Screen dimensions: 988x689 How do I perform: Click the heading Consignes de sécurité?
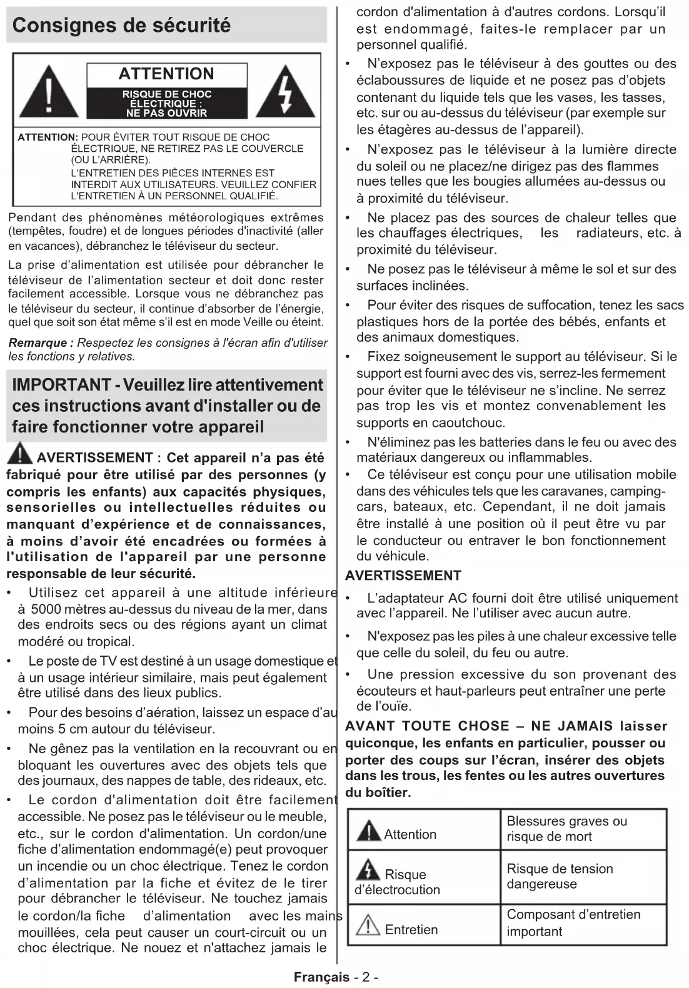[x=121, y=25]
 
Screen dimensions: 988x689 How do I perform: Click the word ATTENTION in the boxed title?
[x=166, y=74]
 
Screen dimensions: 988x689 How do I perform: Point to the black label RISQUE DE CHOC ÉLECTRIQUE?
[x=166, y=103]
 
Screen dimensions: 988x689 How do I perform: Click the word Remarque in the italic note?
[x=38, y=342]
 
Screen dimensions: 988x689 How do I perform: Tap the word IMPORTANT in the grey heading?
[x=61, y=385]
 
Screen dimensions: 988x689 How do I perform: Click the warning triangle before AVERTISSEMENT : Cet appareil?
[x=20, y=453]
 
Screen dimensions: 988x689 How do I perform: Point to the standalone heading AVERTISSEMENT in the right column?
[x=403, y=576]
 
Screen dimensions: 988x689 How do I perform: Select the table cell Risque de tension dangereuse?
[x=560, y=876]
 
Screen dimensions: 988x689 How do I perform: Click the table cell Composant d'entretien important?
[x=573, y=922]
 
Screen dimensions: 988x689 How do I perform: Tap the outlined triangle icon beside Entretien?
[x=368, y=926]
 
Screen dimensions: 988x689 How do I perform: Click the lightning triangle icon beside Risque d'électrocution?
[x=368, y=870]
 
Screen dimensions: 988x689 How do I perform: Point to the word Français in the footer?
[x=321, y=977]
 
